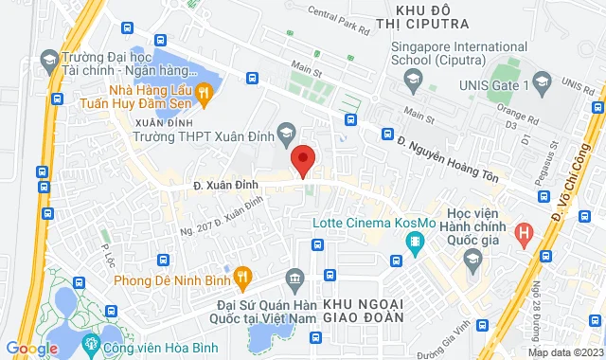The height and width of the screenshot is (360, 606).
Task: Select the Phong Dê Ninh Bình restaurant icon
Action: [x=242, y=279]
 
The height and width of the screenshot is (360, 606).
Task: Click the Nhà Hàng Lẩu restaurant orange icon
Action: [x=204, y=92]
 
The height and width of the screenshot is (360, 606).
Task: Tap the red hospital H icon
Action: [x=524, y=231]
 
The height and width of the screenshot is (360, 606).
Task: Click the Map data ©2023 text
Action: [x=564, y=352]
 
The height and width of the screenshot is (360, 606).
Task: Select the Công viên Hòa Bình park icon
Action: [x=92, y=342]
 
